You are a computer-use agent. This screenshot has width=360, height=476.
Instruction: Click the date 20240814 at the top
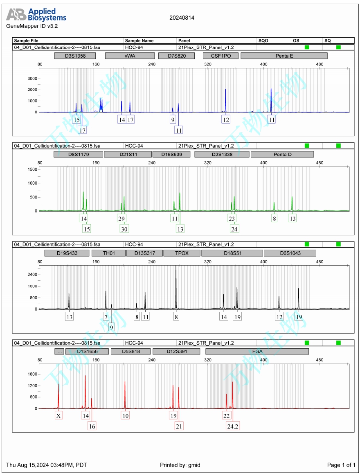182,18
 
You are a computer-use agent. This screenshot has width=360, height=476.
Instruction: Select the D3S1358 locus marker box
75,56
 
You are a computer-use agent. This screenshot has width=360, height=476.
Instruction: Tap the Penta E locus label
284,56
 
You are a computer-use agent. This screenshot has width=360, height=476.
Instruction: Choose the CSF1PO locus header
220,56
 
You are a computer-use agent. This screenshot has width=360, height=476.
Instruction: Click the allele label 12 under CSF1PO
226,120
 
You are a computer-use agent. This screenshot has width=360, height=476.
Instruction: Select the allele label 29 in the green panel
122,219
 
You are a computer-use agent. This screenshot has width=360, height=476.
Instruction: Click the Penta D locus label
282,154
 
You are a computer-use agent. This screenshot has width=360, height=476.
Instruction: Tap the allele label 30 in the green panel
124,229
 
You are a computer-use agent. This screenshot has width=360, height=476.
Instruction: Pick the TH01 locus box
108,253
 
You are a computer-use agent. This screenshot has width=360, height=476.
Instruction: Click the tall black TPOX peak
176,287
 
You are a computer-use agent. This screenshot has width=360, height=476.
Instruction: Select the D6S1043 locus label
290,253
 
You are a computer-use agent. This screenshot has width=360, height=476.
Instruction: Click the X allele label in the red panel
59,415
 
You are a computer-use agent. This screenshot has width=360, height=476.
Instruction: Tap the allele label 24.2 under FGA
233,426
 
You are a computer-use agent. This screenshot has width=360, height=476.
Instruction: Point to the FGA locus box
257,351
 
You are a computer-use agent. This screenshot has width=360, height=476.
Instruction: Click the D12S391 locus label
176,351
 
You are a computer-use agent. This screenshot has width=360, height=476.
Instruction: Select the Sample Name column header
139,41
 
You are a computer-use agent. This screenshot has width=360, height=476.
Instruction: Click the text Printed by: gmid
180,465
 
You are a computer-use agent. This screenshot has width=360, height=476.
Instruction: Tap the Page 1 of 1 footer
341,465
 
